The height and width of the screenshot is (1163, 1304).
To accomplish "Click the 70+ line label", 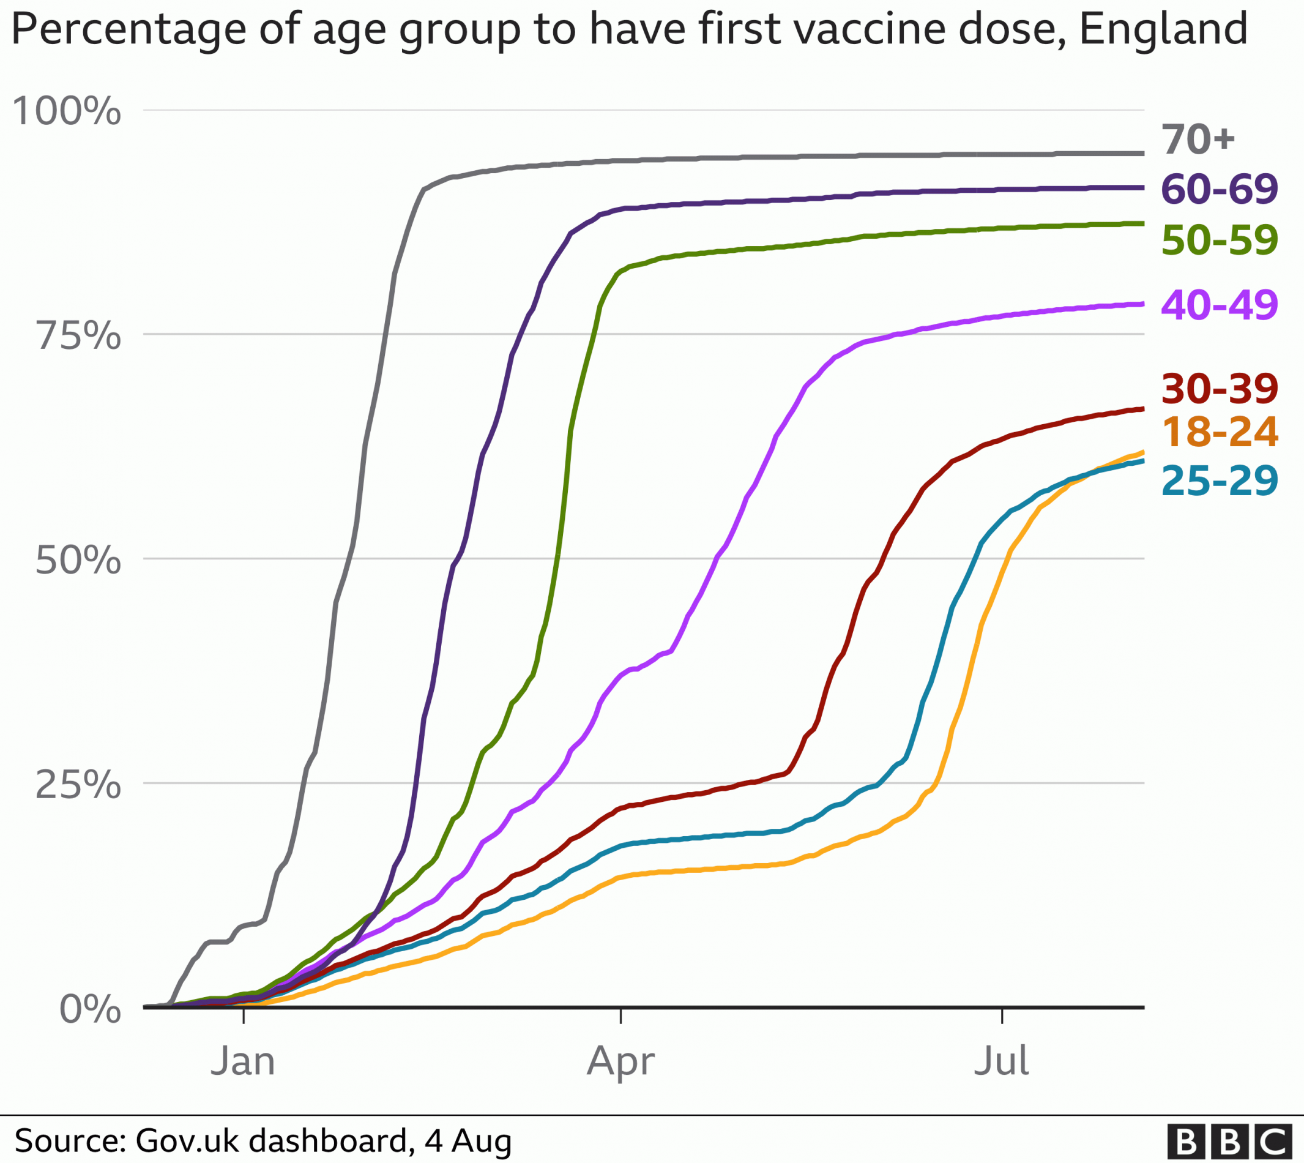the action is click(x=1198, y=140).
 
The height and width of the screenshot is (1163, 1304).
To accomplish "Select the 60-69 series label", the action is click(x=1220, y=189).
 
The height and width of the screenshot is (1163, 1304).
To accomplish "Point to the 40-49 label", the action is click(x=1220, y=304).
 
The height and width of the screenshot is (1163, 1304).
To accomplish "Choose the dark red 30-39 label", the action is click(x=1220, y=388).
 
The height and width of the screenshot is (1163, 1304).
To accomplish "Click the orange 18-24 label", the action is click(x=1220, y=432).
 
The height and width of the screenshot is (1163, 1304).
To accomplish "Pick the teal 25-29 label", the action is click(x=1220, y=481).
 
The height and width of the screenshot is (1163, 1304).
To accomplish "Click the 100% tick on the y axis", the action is click(x=67, y=111).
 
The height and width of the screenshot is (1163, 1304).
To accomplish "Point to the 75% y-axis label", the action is click(x=78, y=335).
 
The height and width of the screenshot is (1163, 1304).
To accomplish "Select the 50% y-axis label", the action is click(x=78, y=560).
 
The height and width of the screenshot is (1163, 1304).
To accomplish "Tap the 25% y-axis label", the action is click(x=78, y=784).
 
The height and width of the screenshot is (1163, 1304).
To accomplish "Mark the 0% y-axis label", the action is click(x=90, y=1009).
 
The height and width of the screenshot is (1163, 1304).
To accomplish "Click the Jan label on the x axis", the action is click(x=243, y=1061).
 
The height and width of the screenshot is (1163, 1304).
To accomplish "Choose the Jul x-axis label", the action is click(x=1001, y=1061).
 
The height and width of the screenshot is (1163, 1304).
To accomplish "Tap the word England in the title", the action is click(x=1163, y=30).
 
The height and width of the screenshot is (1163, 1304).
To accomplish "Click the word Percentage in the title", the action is click(x=129, y=30).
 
